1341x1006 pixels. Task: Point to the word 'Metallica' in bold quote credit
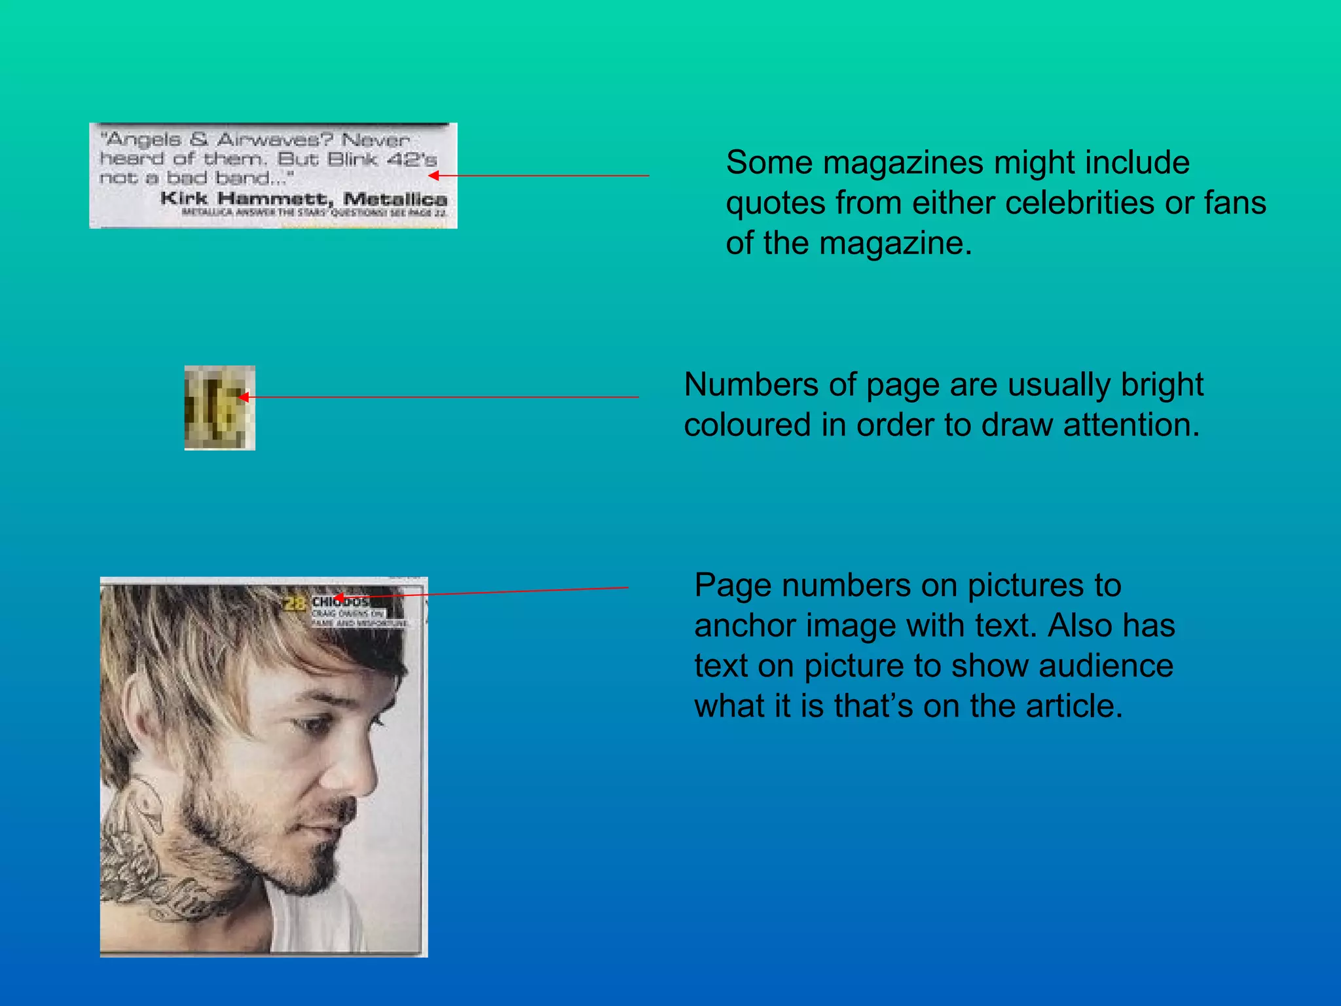coord(395,198)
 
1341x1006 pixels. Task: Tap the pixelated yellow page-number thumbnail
coord(219,407)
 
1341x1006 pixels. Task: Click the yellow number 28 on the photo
coord(295,603)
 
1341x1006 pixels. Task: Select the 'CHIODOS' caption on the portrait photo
coord(340,601)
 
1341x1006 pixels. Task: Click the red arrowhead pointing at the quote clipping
coord(433,176)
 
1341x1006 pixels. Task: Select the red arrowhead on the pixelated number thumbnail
coord(243,397)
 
